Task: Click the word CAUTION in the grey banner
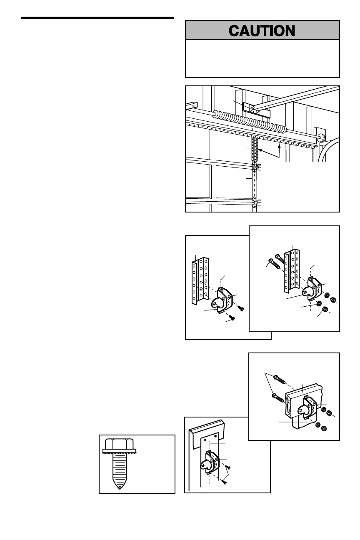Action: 262,31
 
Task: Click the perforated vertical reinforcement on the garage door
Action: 255,150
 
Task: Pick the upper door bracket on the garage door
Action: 254,167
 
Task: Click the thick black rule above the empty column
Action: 97,18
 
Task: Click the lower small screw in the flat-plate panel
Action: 224,482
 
